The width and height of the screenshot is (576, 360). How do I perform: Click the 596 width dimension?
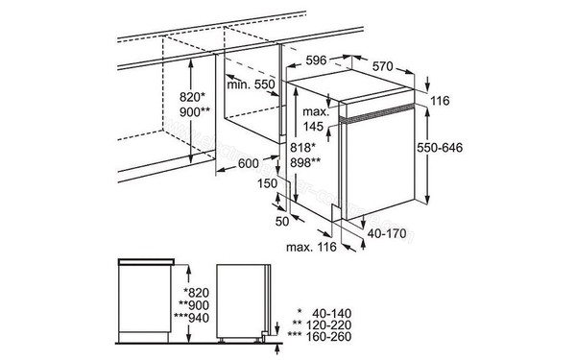coord(316,60)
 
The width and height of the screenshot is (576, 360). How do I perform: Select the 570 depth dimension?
coord(382,66)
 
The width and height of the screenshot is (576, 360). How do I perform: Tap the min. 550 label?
coord(251,84)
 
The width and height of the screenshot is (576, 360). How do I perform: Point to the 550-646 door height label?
coord(440,148)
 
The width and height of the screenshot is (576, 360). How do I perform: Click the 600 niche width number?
coord(249,163)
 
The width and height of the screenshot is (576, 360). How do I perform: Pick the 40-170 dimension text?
coord(387,233)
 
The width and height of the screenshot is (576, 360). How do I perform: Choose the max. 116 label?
coord(311,247)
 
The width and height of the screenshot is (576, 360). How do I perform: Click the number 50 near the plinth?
coord(282,221)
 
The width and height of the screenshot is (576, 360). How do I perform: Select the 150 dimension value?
coord(267,183)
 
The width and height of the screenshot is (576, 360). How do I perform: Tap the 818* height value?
coord(302,147)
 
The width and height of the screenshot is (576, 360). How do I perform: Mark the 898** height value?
coord(305,162)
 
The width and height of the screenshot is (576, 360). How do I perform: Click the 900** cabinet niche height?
coord(195,112)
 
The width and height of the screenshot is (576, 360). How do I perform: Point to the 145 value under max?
coord(313,127)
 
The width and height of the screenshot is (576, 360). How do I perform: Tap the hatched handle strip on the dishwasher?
coord(377,113)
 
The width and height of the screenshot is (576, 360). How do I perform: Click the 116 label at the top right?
coord(440,101)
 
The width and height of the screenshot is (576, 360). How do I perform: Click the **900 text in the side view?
coord(194,305)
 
